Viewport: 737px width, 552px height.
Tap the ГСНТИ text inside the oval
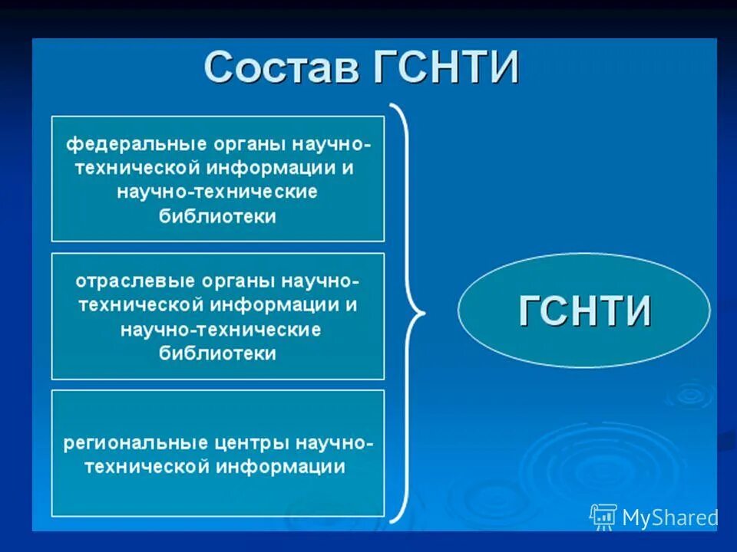click(x=585, y=311)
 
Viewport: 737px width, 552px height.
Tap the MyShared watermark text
click(x=669, y=518)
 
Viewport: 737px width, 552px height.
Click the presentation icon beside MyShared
click(x=603, y=517)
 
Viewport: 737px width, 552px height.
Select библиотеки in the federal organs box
click(x=217, y=216)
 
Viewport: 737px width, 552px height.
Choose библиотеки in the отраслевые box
click(x=217, y=353)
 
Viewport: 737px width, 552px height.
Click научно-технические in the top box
click(x=217, y=192)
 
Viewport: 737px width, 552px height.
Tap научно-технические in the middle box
click(x=220, y=330)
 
